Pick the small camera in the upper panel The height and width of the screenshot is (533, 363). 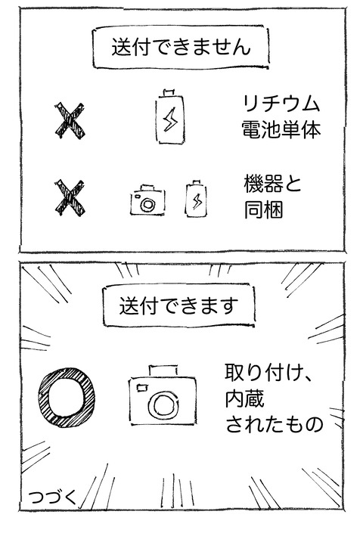point(146,200)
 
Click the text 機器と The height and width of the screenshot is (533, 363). point(272,184)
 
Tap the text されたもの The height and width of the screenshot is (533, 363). point(274,425)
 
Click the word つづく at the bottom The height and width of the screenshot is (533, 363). point(51,497)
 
